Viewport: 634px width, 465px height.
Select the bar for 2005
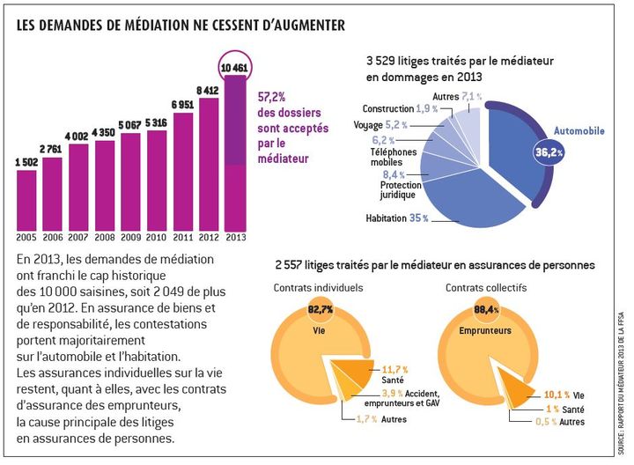point(26,201)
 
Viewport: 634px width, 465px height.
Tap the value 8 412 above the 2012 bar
point(209,90)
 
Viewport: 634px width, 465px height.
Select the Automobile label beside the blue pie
point(579,131)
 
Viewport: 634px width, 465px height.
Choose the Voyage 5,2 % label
point(380,125)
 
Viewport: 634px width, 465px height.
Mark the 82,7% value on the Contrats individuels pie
point(321,310)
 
